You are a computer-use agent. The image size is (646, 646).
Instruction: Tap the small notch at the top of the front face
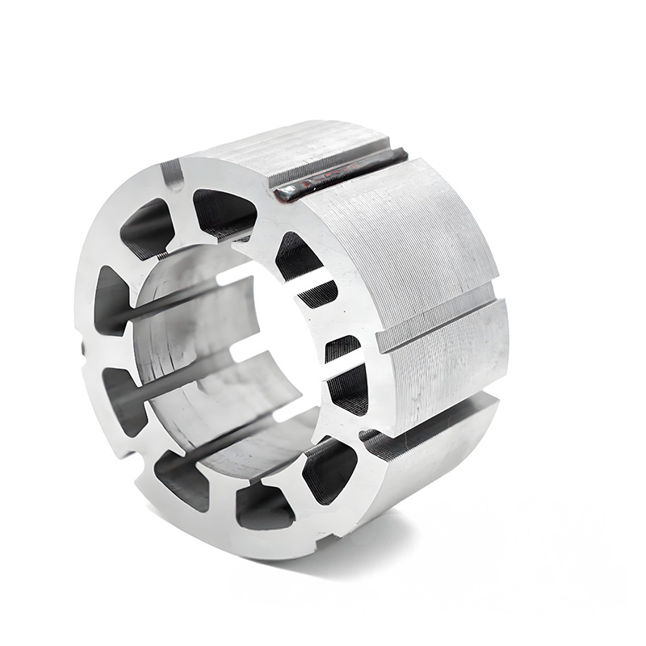tap(171, 174)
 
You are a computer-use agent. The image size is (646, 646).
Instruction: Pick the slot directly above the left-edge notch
tap(110, 300)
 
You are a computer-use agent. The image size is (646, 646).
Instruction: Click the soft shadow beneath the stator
tap(452, 525)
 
